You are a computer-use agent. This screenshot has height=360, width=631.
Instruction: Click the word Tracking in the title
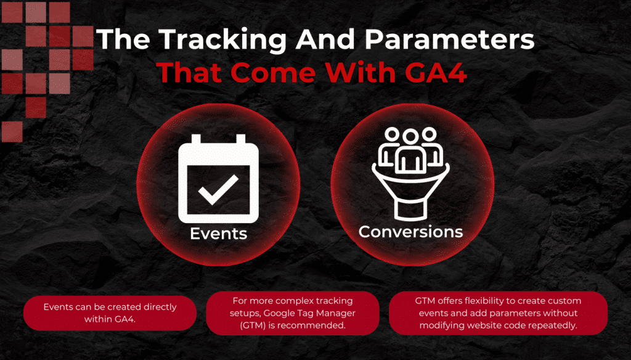tap(222, 40)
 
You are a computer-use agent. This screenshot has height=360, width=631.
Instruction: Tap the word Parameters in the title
tap(449, 39)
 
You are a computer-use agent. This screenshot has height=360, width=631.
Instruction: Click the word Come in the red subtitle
tap(273, 73)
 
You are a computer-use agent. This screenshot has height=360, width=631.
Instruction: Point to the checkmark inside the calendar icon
tap(218, 189)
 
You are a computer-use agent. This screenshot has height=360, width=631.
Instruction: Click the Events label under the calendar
tap(219, 234)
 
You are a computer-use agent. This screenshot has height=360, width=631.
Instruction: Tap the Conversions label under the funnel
tap(411, 232)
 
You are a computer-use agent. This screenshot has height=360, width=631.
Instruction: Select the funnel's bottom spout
tap(410, 210)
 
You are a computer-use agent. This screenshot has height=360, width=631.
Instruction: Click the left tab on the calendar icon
tap(196, 139)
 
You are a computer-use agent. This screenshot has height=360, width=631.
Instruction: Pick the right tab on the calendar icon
tap(241, 139)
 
